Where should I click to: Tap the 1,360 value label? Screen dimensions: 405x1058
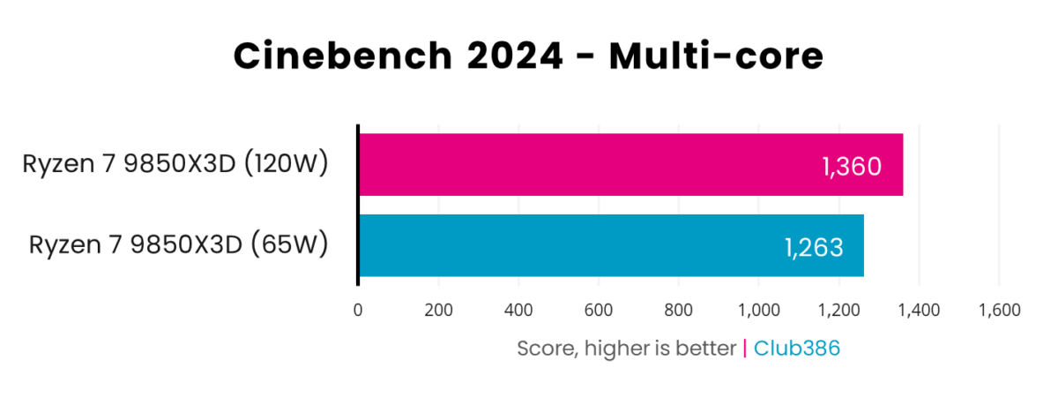(x=852, y=166)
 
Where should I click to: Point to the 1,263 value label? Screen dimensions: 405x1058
(x=814, y=247)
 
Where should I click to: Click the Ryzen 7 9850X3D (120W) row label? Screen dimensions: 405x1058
(x=176, y=164)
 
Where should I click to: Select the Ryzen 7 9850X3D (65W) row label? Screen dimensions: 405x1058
(x=179, y=244)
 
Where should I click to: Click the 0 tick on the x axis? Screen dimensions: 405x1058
(x=358, y=310)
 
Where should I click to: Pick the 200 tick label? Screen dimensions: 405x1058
(x=438, y=310)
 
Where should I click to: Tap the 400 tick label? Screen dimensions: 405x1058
(x=518, y=310)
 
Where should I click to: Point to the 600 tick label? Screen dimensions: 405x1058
(x=599, y=310)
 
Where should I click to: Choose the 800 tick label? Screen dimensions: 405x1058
(x=679, y=310)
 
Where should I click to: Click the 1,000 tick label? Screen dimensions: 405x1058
(x=759, y=310)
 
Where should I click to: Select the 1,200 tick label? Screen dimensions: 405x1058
(x=839, y=310)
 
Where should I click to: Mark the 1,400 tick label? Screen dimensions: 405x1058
(x=920, y=310)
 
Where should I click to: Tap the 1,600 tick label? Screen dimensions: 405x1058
(x=999, y=310)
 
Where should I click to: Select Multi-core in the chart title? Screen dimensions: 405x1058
(x=716, y=57)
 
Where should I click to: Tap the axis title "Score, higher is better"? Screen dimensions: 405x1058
(x=626, y=349)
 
